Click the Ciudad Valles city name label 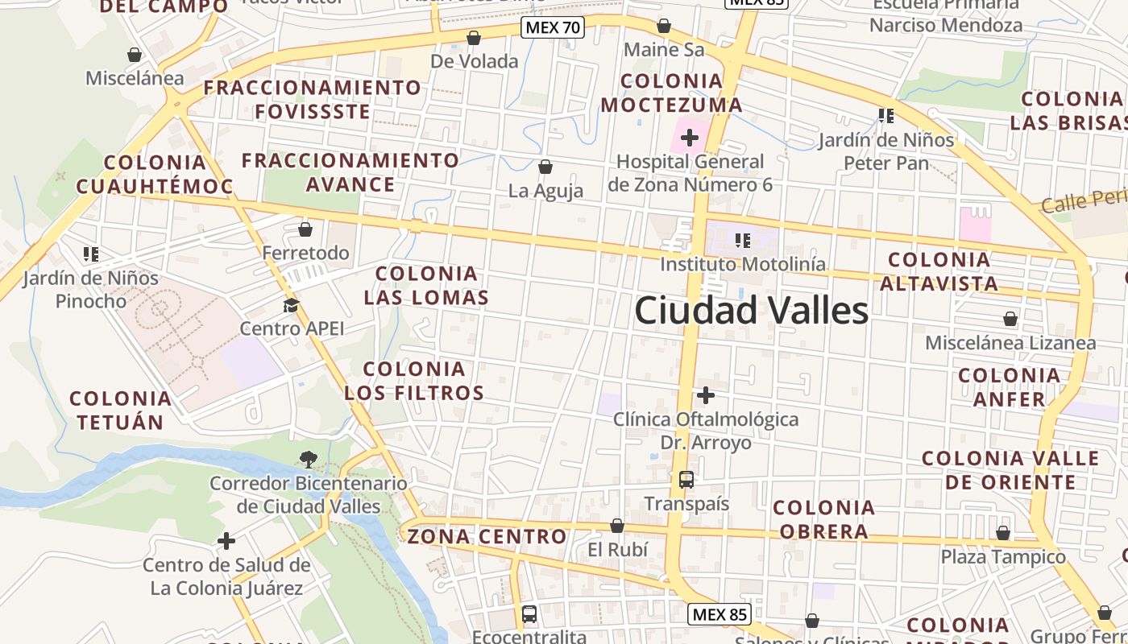tap(751, 311)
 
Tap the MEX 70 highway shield tap(553, 28)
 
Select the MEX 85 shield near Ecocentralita tap(720, 615)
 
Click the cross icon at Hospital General tap(690, 138)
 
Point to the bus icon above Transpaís tap(686, 480)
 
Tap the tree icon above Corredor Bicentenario tap(307, 460)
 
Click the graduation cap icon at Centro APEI tap(291, 305)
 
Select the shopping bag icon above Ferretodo tap(305, 229)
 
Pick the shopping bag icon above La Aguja tap(545, 167)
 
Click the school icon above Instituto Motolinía tap(743, 240)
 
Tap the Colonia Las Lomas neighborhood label tap(426, 286)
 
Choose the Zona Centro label tap(487, 536)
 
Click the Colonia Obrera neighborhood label tap(823, 519)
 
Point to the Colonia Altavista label tap(939, 271)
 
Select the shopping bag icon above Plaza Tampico tap(1003, 533)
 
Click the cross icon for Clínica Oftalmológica tap(706, 395)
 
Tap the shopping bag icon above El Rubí tap(617, 526)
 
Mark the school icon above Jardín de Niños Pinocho tap(91, 254)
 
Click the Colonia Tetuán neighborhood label tap(120, 410)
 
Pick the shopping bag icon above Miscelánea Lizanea tap(1010, 320)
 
